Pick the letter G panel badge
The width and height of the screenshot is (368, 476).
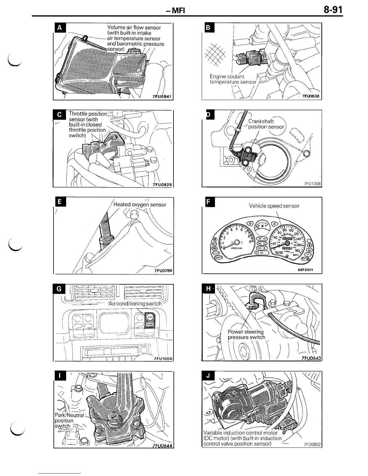tap(59, 289)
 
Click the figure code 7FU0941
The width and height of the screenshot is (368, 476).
tap(162, 96)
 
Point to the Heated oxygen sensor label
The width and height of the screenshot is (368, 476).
tap(140, 205)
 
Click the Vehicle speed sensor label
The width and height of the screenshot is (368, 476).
tap(274, 206)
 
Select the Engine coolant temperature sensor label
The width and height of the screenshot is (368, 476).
tap(233, 79)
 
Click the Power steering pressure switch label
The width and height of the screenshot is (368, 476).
tap(246, 334)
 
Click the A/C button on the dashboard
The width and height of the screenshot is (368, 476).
tap(150, 316)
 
